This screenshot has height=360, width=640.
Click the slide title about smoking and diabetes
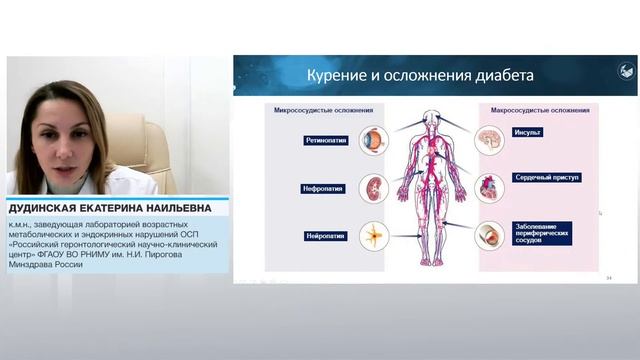tap(419, 75)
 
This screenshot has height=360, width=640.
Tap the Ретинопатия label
tap(327, 141)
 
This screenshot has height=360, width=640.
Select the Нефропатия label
tap(324, 187)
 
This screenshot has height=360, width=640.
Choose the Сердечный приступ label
tap(546, 177)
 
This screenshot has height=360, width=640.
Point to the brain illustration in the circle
tap(488, 138)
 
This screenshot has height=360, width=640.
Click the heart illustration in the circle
tap(488, 184)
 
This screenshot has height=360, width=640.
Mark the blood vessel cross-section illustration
tap(488, 233)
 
